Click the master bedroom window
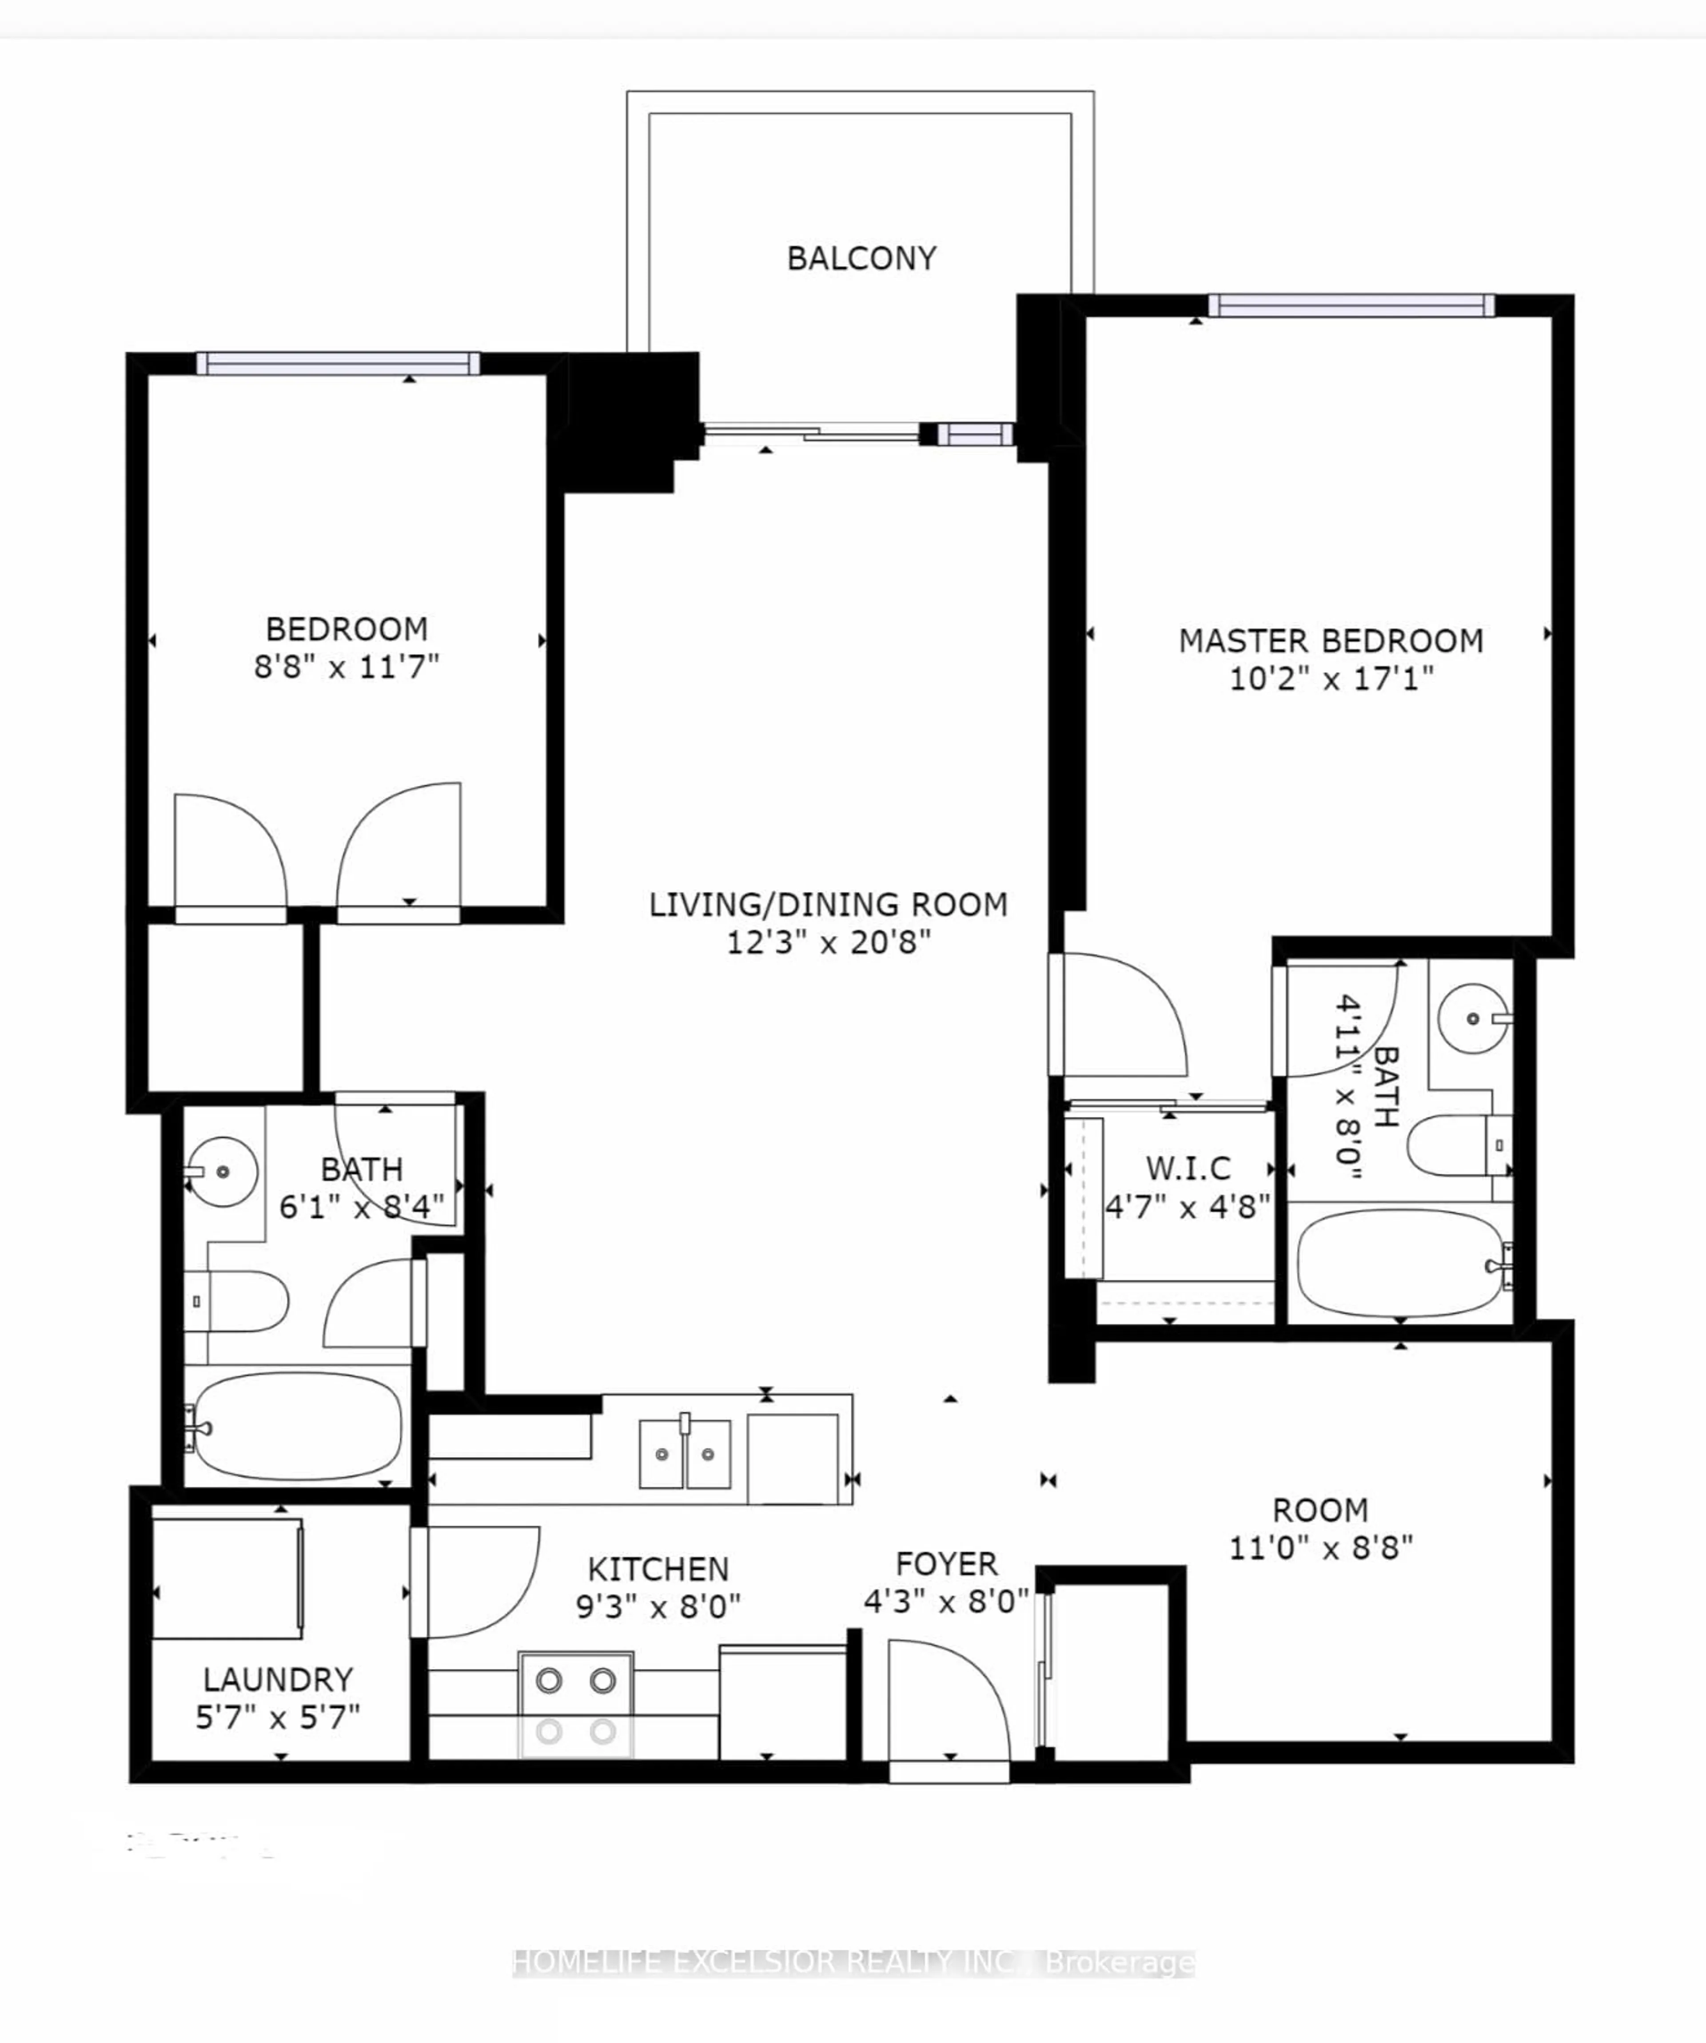point(1351,306)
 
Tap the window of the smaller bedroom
point(338,364)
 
